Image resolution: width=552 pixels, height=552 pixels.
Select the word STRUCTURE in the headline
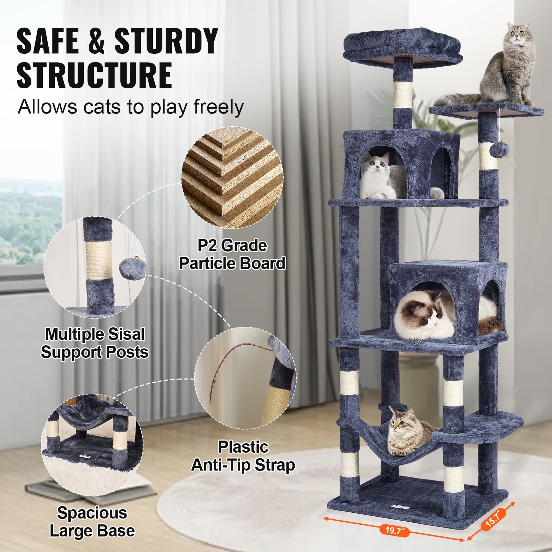(94, 75)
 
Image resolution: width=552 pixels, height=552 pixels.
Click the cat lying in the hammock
(407, 433)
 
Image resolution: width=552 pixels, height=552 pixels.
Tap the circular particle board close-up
(232, 177)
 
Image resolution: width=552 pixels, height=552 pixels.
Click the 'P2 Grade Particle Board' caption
(232, 255)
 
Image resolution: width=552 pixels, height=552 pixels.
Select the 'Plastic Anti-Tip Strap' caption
(243, 456)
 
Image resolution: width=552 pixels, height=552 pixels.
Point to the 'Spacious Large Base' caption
(92, 522)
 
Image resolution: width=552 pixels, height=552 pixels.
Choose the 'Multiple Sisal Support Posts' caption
(95, 343)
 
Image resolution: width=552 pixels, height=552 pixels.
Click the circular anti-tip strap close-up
(245, 378)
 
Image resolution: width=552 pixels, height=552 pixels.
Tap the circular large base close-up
(92, 445)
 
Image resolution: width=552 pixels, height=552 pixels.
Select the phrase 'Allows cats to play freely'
(130, 107)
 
